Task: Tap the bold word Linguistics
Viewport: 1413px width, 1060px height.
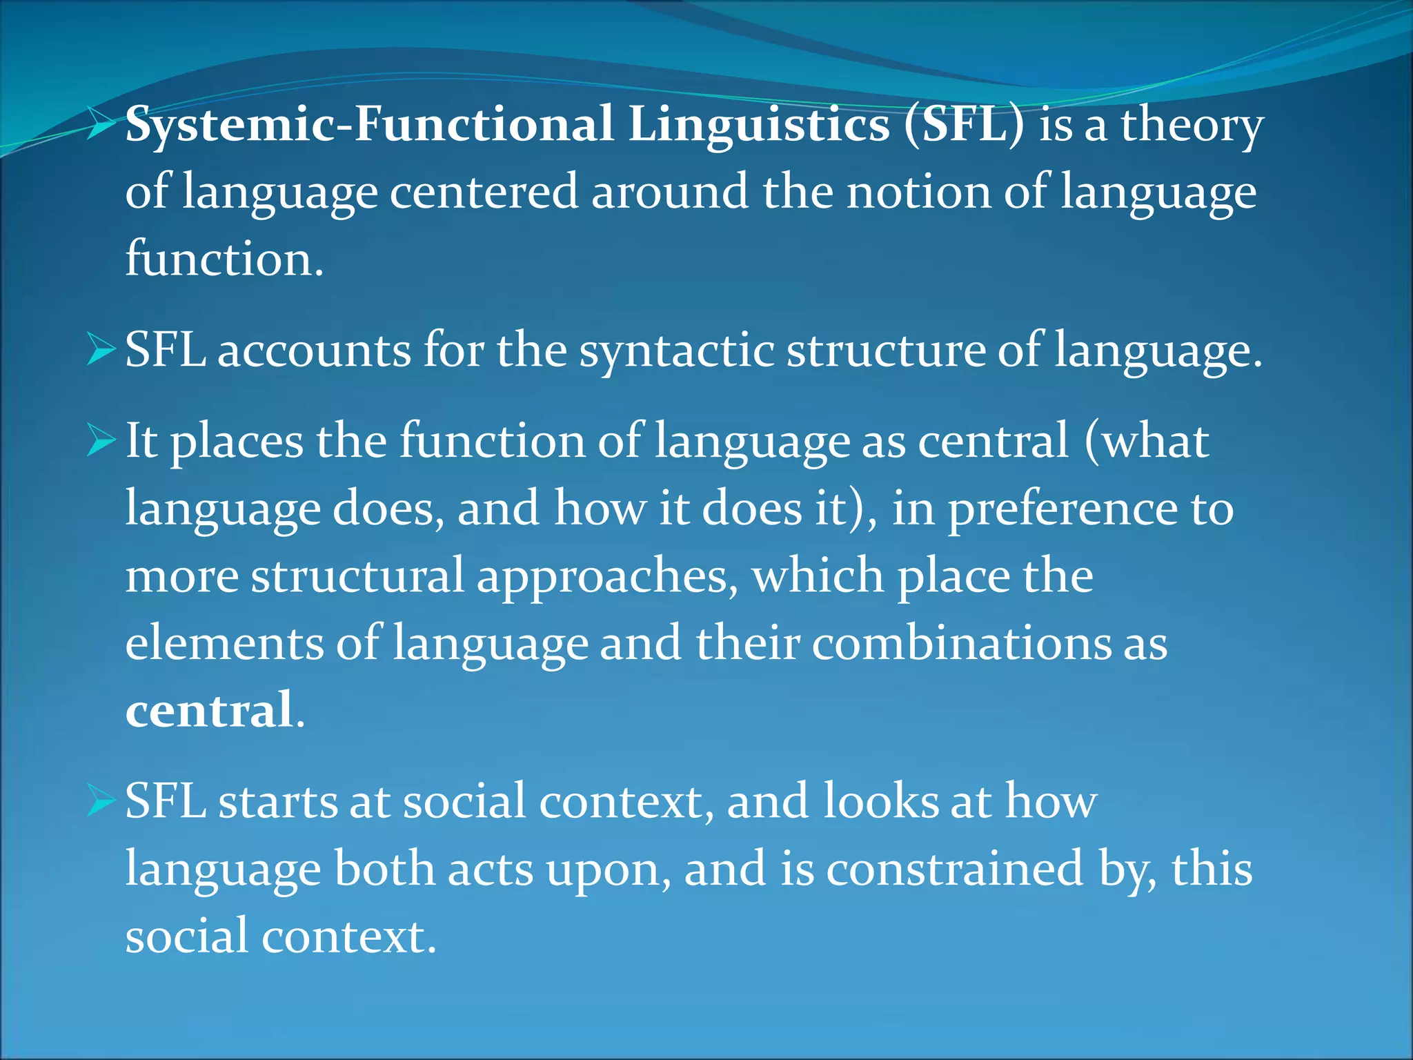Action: [x=759, y=126]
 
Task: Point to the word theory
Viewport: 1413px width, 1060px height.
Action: [x=1192, y=126]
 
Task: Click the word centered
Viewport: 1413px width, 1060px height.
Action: [x=484, y=191]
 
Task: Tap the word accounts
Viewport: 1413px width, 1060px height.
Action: [x=315, y=350]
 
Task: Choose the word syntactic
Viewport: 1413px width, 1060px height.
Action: [x=677, y=351]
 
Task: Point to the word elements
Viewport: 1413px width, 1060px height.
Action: [x=224, y=642]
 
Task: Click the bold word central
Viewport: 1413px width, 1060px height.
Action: [x=209, y=710]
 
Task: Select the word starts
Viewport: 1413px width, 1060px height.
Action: [x=277, y=802]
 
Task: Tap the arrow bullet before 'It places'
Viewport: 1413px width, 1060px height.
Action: [x=101, y=440]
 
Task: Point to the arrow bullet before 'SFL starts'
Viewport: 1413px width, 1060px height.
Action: [x=101, y=802]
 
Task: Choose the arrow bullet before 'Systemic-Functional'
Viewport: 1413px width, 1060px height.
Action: [x=101, y=125]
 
